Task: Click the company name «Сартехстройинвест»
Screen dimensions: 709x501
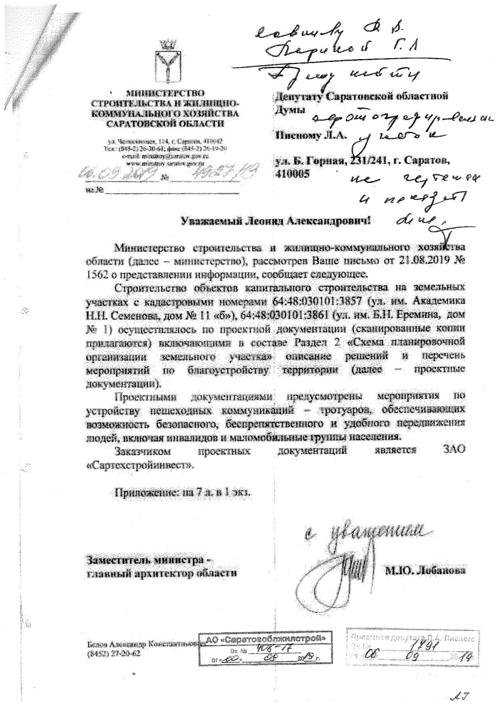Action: (x=141, y=465)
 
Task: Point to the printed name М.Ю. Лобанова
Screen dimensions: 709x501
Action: (x=425, y=571)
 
